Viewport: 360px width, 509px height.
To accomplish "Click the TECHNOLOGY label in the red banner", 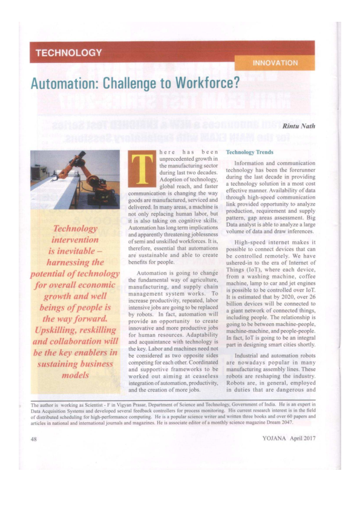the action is coord(68,53).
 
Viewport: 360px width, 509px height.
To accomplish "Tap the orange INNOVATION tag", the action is coord(275,63).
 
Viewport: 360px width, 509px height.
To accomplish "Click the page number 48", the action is coord(34,439).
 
